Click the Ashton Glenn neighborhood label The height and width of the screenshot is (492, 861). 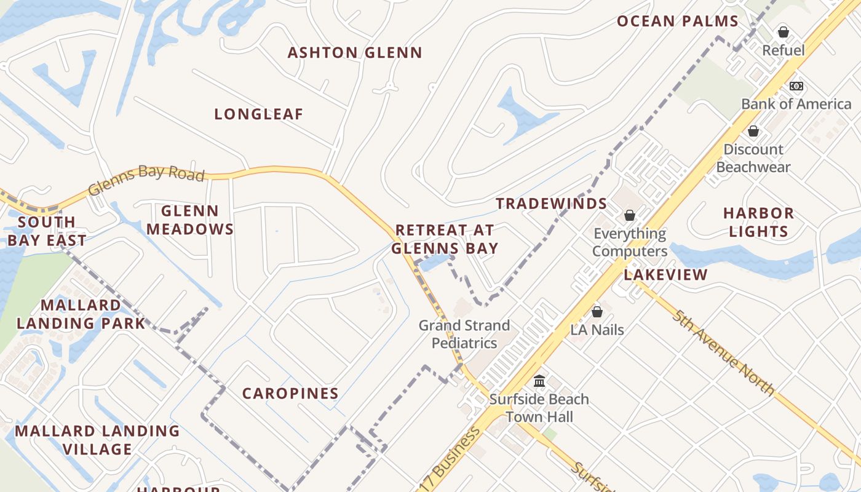point(355,53)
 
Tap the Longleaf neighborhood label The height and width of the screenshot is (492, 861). point(259,114)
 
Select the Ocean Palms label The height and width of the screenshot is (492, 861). point(677,22)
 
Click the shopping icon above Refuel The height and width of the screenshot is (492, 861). point(783,31)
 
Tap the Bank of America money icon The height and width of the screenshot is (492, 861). point(796,86)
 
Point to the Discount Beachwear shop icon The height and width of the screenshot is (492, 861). point(753,131)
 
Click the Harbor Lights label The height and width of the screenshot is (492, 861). point(758,223)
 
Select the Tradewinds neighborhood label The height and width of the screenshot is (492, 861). point(552,204)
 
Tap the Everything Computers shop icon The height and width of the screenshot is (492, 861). point(629,215)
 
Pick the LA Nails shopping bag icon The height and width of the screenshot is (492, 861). point(597,312)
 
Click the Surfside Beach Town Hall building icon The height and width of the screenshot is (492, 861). point(539,381)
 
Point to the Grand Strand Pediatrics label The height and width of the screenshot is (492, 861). point(464,334)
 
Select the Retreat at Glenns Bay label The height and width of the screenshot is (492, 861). point(445,239)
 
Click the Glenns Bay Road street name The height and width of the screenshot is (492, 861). point(146,180)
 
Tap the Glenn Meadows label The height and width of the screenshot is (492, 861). point(189,220)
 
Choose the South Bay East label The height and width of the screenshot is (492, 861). point(47,231)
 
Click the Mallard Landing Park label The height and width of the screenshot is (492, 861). point(81,314)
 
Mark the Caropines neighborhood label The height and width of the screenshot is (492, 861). point(290,394)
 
